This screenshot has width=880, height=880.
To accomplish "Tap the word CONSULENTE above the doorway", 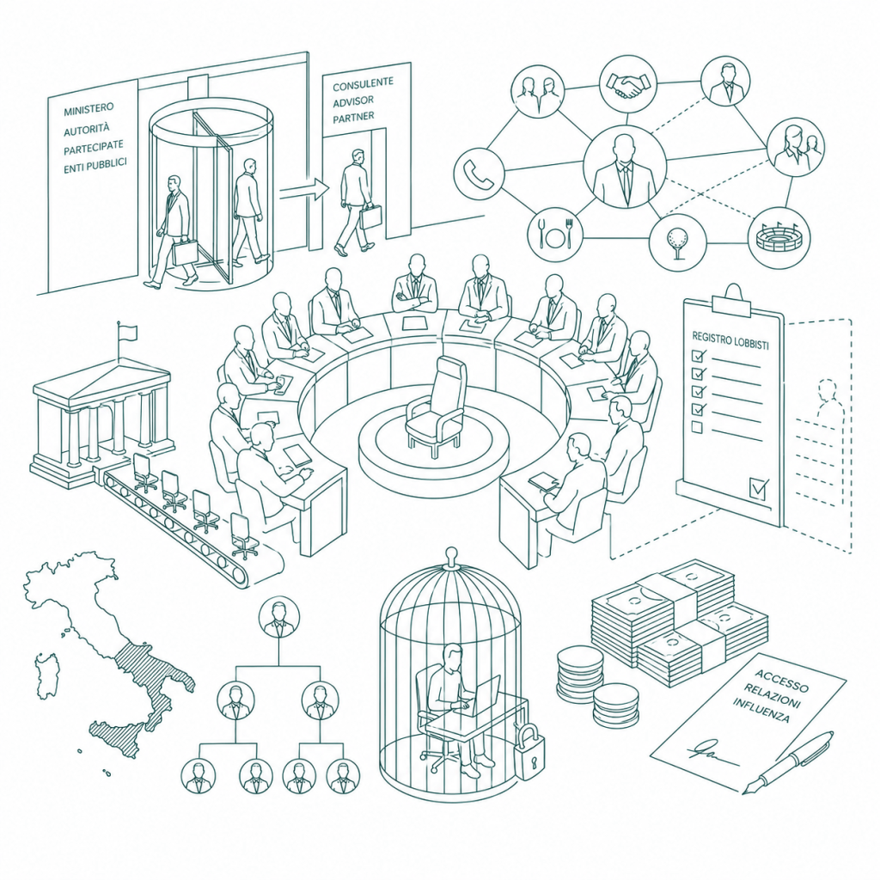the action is point(363,85).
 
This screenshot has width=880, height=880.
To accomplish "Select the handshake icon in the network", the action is point(627,84).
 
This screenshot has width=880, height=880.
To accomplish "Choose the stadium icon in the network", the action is point(779,238).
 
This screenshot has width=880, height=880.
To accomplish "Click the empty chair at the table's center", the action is point(436,406).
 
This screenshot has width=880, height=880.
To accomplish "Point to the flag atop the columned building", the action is point(127,333).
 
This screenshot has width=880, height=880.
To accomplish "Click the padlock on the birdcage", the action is point(529,752).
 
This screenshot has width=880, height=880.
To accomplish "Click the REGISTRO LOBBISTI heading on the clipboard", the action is point(730,340).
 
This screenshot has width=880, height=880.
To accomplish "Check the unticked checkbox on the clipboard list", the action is point(697,428).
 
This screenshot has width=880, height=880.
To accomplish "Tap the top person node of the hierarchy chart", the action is point(279,617).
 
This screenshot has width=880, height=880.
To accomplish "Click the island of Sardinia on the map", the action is point(46,675).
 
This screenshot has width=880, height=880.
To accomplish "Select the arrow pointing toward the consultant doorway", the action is point(304,190).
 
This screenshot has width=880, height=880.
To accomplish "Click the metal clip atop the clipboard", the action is point(732,302).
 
